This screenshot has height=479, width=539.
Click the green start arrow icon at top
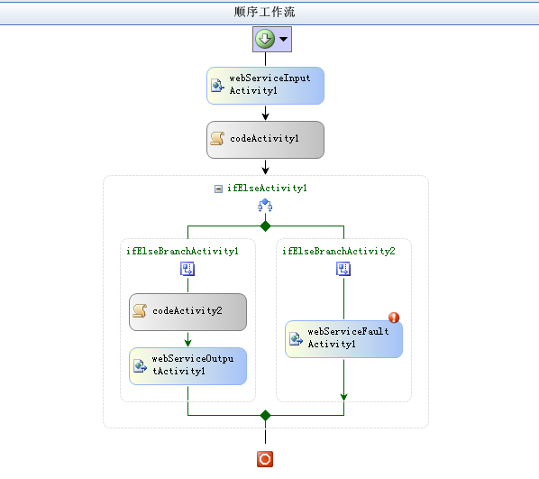pos(265,39)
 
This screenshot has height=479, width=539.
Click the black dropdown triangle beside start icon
pos(283,39)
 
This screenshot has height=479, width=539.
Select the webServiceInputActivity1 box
pos(265,86)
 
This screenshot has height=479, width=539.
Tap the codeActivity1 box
pos(265,140)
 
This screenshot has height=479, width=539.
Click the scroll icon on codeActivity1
pos(217,138)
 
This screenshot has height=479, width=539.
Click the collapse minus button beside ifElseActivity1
pos(218,189)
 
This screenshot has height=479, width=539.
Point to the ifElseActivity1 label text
pos(267,188)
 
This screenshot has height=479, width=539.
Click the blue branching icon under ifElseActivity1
pos(265,205)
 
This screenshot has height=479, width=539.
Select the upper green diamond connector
pos(265,226)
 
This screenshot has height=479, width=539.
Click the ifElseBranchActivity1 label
pos(183,251)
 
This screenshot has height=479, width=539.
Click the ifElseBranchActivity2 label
pos(339,251)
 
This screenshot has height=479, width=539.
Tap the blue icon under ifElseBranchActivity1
pos(187,269)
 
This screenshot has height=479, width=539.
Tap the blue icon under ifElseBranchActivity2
pos(343,269)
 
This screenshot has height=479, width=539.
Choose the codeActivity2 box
pos(187,312)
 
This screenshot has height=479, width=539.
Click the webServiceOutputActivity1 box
pos(187,366)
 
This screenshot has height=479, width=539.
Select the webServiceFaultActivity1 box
pos(343,339)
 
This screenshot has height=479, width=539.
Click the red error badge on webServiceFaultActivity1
pos(394,318)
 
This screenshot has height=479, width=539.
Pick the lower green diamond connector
pos(265,415)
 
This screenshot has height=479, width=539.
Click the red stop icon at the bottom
pos(265,459)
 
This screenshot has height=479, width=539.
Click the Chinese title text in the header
pos(265,12)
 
